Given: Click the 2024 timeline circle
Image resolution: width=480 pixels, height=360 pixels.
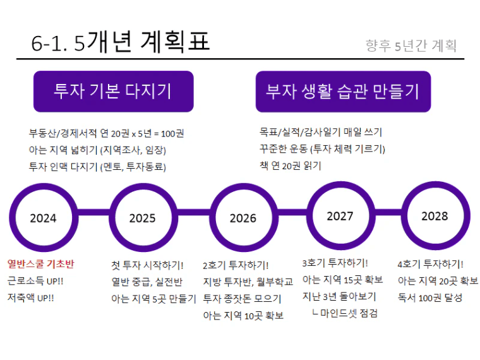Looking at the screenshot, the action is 44,186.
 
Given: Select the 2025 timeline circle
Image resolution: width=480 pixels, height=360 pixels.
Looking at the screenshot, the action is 143,186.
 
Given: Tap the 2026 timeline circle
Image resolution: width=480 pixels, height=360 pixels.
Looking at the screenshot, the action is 244,186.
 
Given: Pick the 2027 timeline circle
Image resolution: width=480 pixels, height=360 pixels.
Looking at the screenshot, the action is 340,184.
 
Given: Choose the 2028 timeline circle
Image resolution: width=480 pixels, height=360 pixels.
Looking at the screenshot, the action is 436,184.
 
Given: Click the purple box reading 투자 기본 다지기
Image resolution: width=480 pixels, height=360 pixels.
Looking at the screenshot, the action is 113,91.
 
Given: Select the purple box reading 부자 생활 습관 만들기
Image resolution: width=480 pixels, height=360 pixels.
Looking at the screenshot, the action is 343,91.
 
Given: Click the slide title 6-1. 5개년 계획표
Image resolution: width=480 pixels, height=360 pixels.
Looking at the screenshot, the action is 120,42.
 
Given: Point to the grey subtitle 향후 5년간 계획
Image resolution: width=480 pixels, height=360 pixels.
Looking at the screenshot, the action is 411,46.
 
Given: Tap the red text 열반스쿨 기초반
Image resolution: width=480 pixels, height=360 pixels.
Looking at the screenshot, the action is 40,264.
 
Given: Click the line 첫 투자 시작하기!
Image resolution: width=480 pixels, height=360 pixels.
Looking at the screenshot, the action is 147,265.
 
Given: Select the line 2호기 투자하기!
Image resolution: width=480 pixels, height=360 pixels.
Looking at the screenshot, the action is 236,265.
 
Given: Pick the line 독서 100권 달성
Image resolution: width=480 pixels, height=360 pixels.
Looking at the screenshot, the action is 430,297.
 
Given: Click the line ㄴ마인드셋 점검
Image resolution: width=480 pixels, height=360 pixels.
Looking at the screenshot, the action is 345,313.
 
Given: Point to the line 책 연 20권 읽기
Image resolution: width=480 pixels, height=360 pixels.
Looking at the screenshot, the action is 290,165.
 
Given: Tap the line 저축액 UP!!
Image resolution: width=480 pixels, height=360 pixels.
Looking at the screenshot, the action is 30,297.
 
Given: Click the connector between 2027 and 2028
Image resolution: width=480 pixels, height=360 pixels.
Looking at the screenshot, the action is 388,212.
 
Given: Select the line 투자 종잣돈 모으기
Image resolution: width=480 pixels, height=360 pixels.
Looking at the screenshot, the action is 242,299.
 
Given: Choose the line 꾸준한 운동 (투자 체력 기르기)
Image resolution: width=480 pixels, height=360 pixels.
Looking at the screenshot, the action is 322,149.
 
